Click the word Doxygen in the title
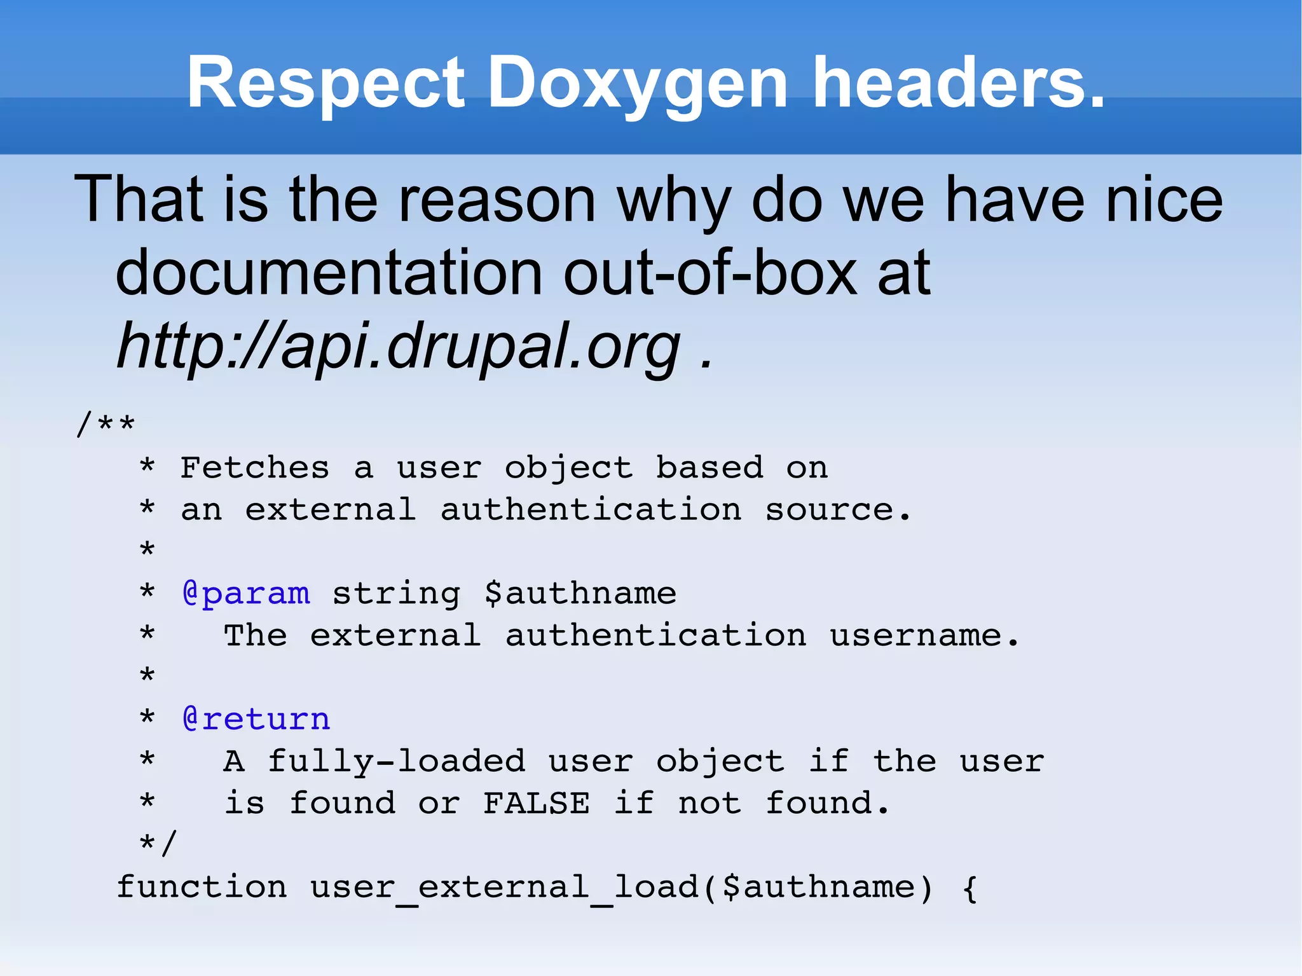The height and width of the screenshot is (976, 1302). coord(638,83)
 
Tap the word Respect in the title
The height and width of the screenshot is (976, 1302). coord(325,83)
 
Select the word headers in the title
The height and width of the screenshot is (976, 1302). coord(959,83)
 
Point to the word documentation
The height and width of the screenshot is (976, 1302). coord(329,273)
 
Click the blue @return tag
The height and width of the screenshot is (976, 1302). coord(256,719)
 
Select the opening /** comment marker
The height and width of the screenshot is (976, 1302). coord(106,424)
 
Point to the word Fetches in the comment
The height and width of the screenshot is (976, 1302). coord(255,468)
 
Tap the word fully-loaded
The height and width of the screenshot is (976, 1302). coord(397,761)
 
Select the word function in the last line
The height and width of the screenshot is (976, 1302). coord(202,887)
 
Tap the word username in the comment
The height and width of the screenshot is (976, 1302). coord(916,636)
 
